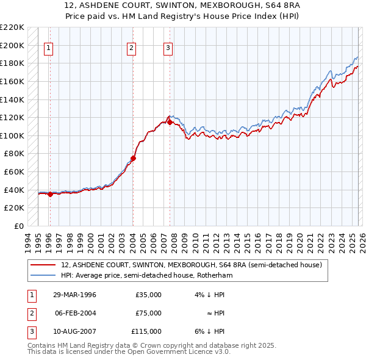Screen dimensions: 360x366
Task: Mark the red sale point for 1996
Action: pyautogui.click(x=50, y=194)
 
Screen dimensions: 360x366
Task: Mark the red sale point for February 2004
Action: pyautogui.click(x=132, y=158)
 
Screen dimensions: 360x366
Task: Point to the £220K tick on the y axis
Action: pyautogui.click(x=12, y=27)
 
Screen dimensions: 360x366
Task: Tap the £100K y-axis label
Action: pyautogui.click(x=12, y=135)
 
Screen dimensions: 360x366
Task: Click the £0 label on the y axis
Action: pyautogui.click(x=18, y=226)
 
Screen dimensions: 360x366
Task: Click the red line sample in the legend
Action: pyautogui.click(x=43, y=265)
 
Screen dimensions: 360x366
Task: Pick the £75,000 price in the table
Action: pyautogui.click(x=148, y=313)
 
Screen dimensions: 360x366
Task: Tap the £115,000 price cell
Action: pyautogui.click(x=146, y=331)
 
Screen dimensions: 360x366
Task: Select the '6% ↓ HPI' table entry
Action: pyautogui.click(x=210, y=331)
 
